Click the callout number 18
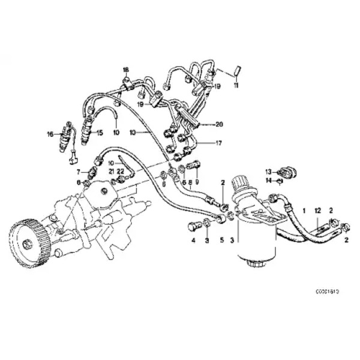tap(126, 69)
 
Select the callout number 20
tap(219, 125)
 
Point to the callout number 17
tap(219, 143)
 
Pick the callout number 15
tap(100, 133)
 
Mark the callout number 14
tap(269, 180)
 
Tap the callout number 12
tap(318, 210)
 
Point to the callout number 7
tap(78, 172)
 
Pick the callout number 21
tap(111, 172)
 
